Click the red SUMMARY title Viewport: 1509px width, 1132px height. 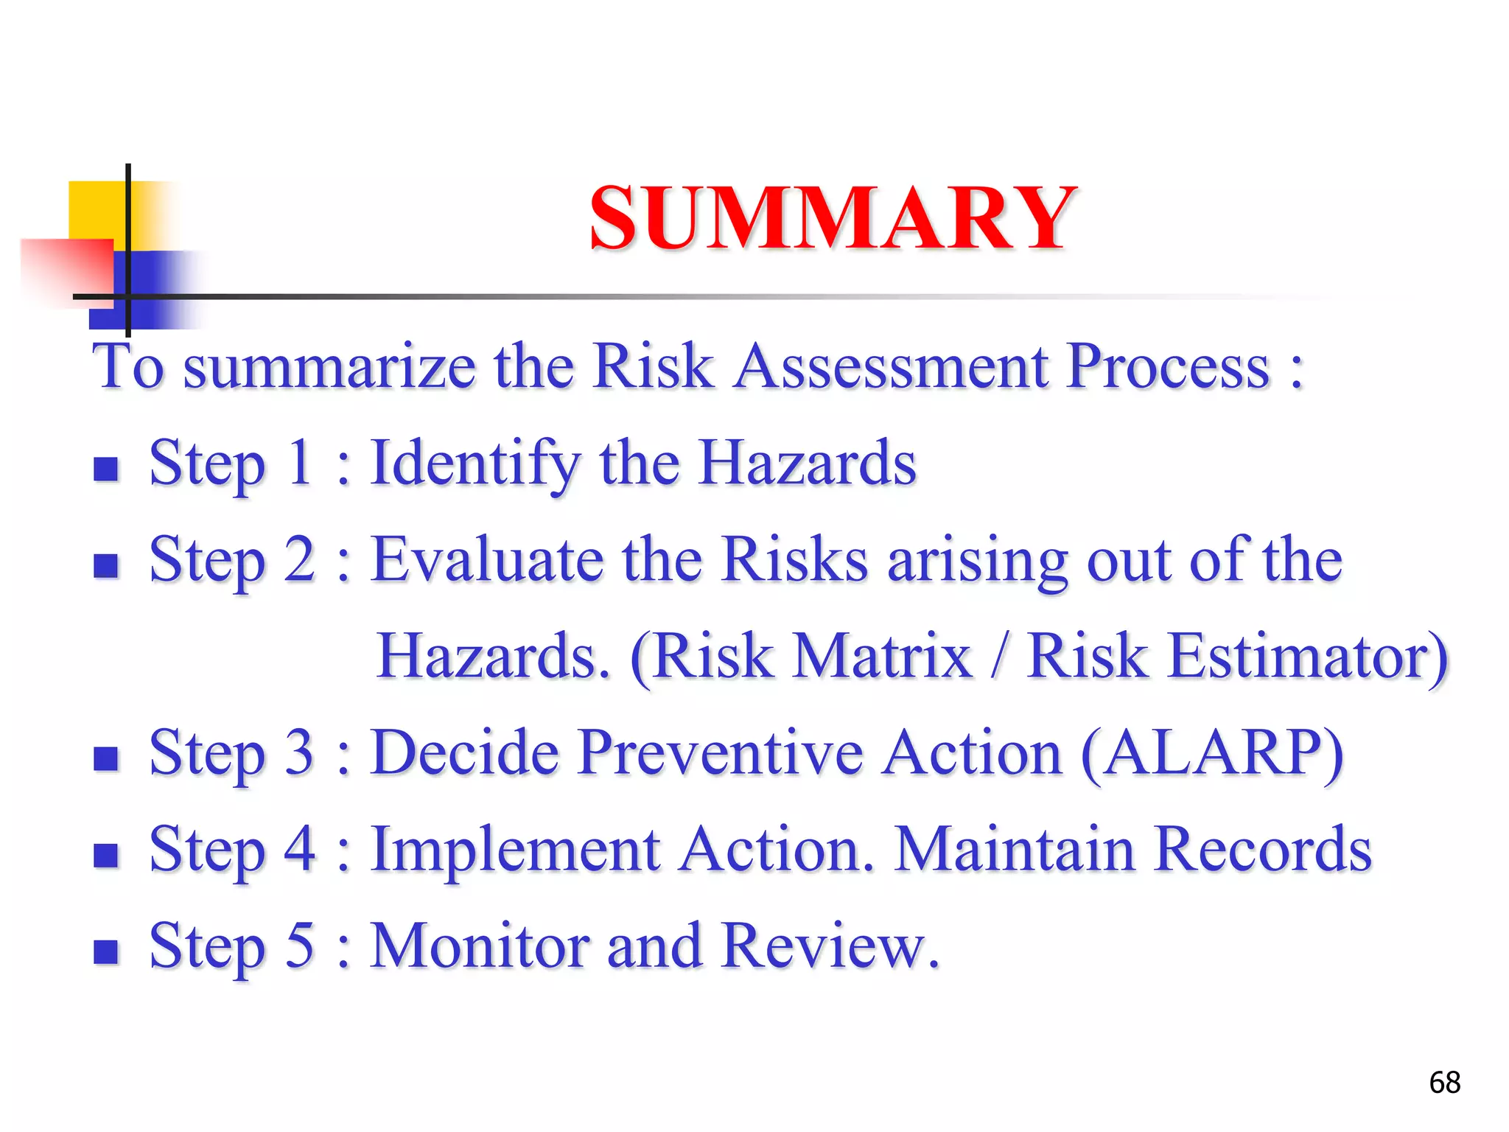833,218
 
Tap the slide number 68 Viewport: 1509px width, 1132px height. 1444,1083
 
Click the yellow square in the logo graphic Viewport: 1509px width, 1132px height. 96,209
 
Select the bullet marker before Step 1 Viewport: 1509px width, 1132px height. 106,469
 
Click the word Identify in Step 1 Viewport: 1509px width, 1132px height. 475,464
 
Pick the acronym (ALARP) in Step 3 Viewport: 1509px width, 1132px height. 1212,753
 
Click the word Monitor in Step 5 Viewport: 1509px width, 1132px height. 479,946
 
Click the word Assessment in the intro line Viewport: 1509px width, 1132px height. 891,366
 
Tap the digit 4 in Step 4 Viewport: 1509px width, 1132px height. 300,850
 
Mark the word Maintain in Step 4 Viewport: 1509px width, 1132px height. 1014,850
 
